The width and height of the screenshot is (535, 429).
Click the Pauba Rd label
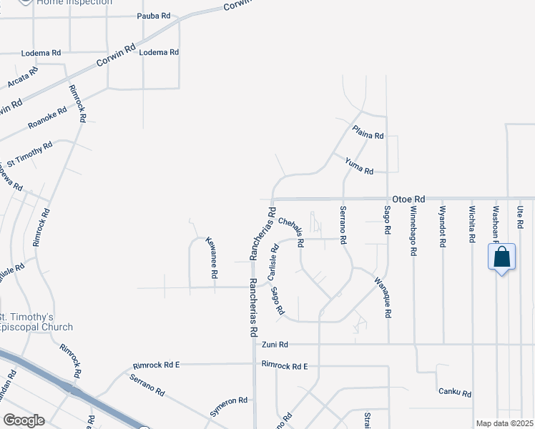pyautogui.click(x=155, y=15)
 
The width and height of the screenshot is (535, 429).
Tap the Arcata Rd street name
pyautogui.click(x=22, y=79)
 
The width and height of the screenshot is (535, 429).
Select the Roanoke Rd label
pyautogui.click(x=48, y=118)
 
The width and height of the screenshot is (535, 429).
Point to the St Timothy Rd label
pyautogui.click(x=29, y=154)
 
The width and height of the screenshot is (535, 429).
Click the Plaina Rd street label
pyautogui.click(x=369, y=132)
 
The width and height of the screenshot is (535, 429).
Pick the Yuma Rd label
pyautogui.click(x=359, y=167)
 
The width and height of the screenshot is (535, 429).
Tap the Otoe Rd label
pyautogui.click(x=408, y=199)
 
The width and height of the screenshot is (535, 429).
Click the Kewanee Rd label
pyautogui.click(x=211, y=257)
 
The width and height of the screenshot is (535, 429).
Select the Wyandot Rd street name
pyautogui.click(x=443, y=227)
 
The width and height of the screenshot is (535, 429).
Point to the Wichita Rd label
pyautogui.click(x=472, y=227)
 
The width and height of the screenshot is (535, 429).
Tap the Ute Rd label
pyautogui.click(x=520, y=214)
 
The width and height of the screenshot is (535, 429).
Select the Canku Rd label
pyautogui.click(x=456, y=393)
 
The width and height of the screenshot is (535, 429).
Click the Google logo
pyautogui.click(x=24, y=420)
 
